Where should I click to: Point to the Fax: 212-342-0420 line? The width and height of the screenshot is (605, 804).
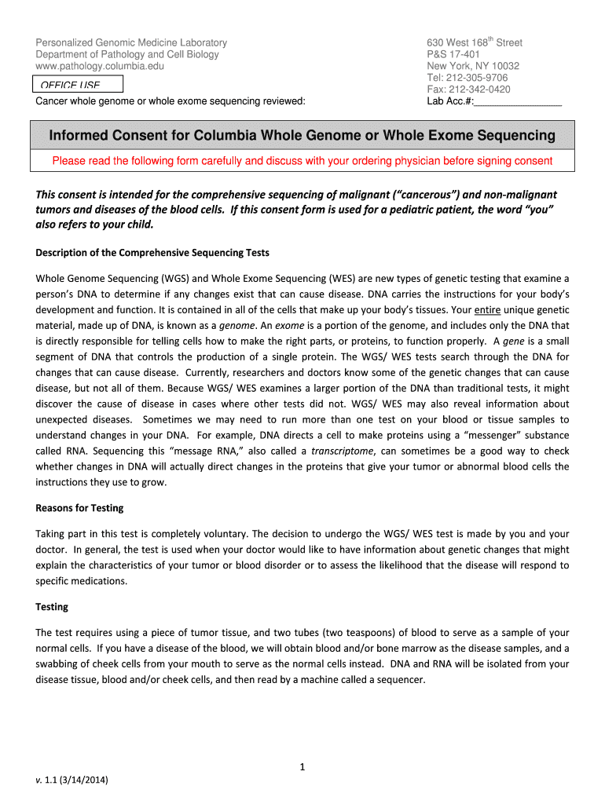click(467, 90)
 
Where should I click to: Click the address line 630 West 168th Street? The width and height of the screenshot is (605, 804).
click(474, 42)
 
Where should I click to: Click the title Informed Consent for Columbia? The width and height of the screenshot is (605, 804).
click(302, 136)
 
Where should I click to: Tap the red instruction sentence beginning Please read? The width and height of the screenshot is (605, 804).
click(302, 161)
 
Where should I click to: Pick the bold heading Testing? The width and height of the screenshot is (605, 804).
click(52, 607)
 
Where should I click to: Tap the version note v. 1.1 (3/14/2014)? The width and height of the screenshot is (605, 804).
click(72, 780)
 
